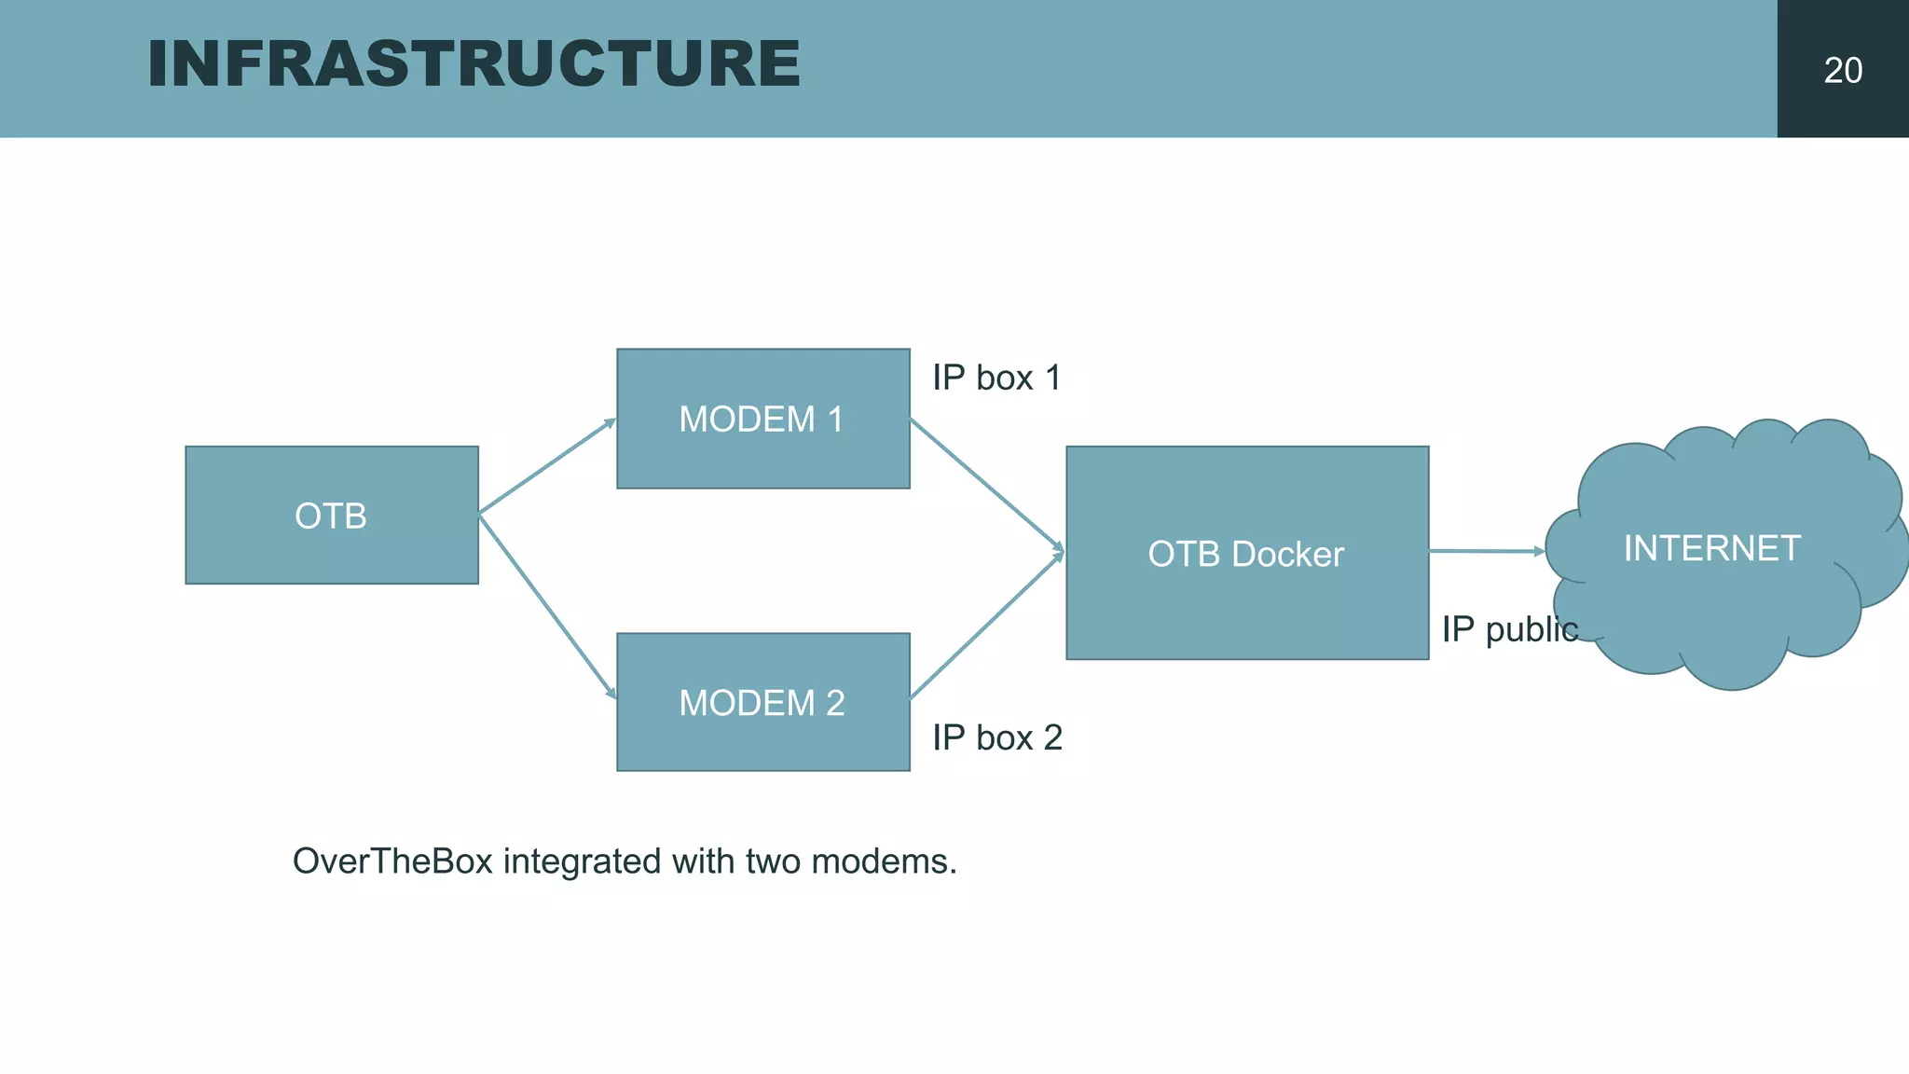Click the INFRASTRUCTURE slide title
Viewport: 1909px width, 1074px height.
[474, 64]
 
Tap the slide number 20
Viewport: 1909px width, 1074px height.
[1842, 71]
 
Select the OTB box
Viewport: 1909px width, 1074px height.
[331, 516]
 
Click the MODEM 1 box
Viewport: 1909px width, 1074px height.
[762, 419]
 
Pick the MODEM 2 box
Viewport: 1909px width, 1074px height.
[762, 702]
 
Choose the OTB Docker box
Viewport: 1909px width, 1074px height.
[1246, 554]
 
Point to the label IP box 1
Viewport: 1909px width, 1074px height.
[996, 378]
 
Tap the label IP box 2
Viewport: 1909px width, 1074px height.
[996, 737]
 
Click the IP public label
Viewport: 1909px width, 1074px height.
[1509, 629]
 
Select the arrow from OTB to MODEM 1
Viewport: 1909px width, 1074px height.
[547, 466]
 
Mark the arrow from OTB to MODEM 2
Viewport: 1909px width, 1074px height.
[547, 606]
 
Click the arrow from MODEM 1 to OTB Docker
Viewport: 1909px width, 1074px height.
[986, 483]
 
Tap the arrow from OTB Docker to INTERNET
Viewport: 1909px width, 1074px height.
[1486, 551]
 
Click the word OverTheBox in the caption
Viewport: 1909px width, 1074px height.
[392, 861]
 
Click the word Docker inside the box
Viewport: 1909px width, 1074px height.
[1287, 554]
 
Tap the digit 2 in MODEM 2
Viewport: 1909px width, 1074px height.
[835, 702]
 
